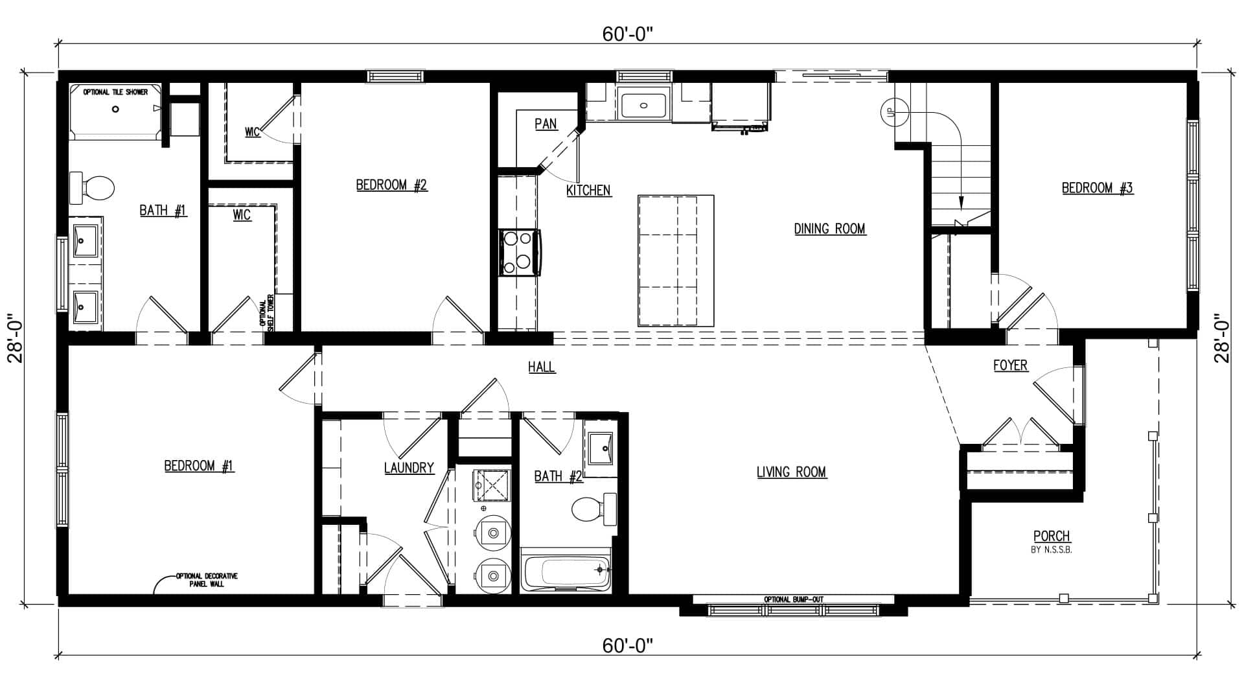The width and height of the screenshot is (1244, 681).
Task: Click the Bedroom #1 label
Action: pyautogui.click(x=199, y=466)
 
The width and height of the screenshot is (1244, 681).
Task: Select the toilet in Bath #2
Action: pyautogui.click(x=593, y=509)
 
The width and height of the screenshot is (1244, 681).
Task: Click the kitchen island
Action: pyautogui.click(x=676, y=260)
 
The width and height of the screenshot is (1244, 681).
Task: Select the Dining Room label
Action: pyautogui.click(x=830, y=229)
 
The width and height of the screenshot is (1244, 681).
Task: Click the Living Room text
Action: pyautogui.click(x=792, y=472)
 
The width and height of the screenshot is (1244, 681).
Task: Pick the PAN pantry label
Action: pyautogui.click(x=546, y=124)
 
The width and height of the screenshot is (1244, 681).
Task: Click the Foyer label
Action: pyautogui.click(x=1010, y=365)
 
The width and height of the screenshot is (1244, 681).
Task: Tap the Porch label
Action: pyautogui.click(x=1052, y=537)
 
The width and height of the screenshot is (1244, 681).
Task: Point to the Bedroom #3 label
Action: pyautogui.click(x=1098, y=188)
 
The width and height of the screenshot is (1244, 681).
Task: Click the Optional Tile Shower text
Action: pyautogui.click(x=115, y=92)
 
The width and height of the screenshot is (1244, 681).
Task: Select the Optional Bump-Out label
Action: pyautogui.click(x=794, y=599)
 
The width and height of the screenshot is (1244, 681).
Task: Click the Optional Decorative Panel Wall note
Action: pyautogui.click(x=207, y=579)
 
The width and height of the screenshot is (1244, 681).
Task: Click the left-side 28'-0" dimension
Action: pyautogui.click(x=16, y=339)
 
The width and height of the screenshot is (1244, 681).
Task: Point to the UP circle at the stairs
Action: pyautogui.click(x=890, y=111)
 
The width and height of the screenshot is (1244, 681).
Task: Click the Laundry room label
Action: pyautogui.click(x=409, y=468)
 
